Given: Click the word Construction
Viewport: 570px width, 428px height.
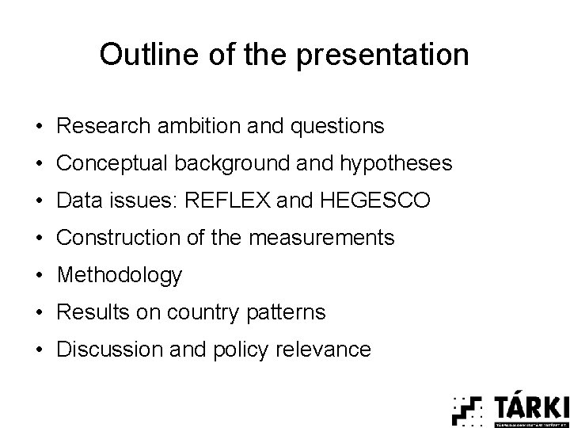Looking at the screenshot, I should click(x=115, y=238).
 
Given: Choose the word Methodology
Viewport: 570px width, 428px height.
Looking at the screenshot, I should click(x=120, y=276).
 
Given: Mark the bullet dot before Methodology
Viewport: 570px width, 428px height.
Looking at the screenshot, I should click(x=38, y=276).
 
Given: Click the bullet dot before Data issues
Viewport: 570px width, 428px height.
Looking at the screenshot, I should click(x=38, y=201).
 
